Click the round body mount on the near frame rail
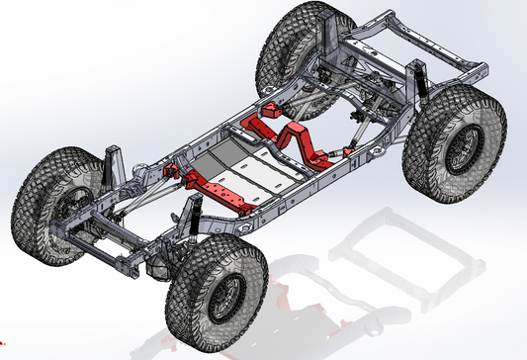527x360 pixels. tap(241, 223)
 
